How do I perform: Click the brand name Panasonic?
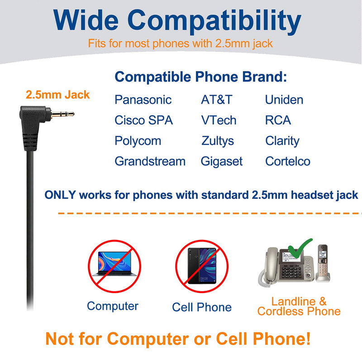coord(143,100)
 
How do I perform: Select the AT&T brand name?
coord(217,100)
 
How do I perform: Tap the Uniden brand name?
coord(284,100)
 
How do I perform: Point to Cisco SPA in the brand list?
coord(143,120)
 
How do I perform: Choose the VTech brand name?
coord(219,120)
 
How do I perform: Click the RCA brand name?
coord(278,120)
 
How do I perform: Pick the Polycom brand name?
coord(138,141)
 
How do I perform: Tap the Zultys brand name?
coord(218,141)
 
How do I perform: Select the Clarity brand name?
coord(282,141)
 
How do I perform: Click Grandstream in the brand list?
coord(150,161)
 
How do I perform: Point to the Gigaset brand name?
coord(222,162)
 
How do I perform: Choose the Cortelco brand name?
coord(288,161)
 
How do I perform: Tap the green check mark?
coord(300,249)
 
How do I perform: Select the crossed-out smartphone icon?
coord(202,266)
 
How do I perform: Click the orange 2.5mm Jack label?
coord(58,95)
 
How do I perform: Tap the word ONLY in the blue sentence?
coord(60,195)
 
